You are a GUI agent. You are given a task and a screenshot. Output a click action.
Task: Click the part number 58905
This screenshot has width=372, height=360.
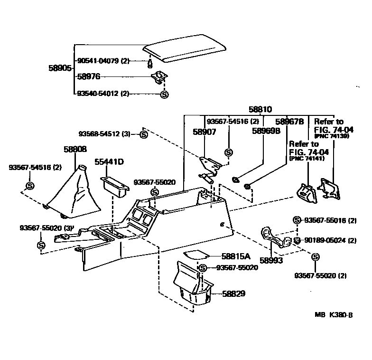[60, 68]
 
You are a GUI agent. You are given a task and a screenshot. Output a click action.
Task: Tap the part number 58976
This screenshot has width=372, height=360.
[89, 76]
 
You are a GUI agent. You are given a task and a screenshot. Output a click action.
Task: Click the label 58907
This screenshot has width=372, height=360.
[204, 132]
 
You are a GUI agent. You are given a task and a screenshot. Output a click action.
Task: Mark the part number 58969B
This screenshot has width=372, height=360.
[266, 130]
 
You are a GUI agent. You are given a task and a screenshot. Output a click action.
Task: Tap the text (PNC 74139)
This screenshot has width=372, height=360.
[332, 136]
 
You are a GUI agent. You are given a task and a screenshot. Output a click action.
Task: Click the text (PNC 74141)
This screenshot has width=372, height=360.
[306, 159]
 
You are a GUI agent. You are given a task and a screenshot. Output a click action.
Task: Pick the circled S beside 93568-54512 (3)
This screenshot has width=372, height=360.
[145, 134]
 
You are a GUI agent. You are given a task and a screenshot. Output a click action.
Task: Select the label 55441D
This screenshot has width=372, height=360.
[109, 162]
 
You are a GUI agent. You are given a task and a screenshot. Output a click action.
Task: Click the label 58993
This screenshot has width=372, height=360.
[271, 260]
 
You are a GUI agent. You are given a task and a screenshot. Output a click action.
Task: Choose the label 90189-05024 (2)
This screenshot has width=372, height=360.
[330, 241]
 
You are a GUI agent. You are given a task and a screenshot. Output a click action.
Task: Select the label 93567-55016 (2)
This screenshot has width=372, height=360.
[330, 220]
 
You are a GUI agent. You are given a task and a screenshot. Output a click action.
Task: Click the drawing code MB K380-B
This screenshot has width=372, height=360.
[334, 314]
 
